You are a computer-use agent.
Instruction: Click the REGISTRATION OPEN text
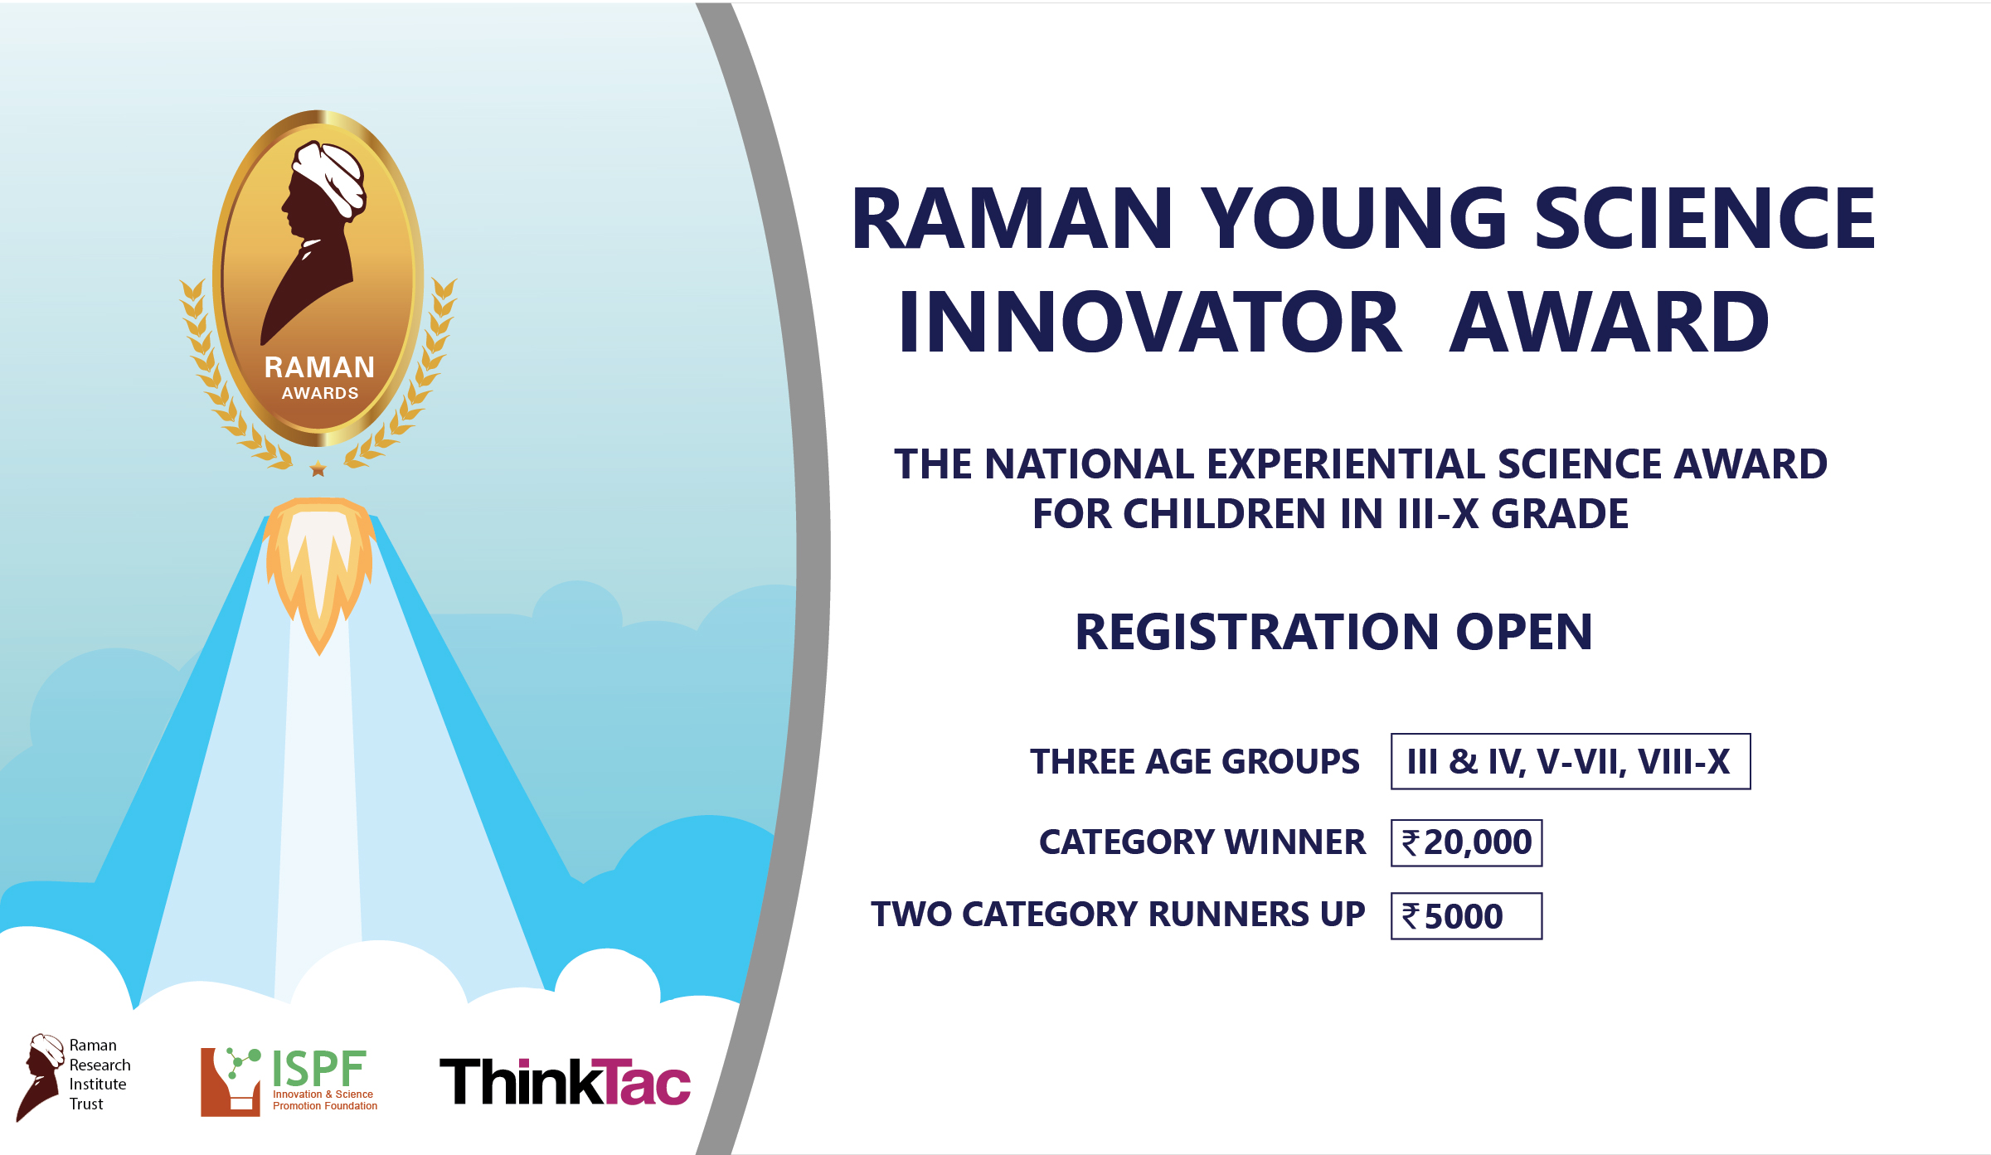point(1333,632)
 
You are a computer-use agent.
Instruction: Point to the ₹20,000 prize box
point(1466,843)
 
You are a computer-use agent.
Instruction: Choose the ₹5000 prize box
point(1466,916)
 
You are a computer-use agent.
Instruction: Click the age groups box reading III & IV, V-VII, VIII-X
point(1571,761)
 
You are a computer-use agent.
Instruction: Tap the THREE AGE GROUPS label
point(1195,761)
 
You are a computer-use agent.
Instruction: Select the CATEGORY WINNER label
point(1202,842)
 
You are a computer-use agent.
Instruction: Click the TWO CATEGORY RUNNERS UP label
point(1118,915)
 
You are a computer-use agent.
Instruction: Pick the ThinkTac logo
point(565,1081)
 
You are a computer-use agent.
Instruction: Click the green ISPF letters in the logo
point(319,1069)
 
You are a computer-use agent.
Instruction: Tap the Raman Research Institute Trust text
point(100,1075)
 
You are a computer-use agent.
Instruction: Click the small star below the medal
point(318,469)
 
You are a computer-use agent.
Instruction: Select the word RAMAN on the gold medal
point(319,367)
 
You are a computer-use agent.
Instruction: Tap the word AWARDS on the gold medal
point(320,393)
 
